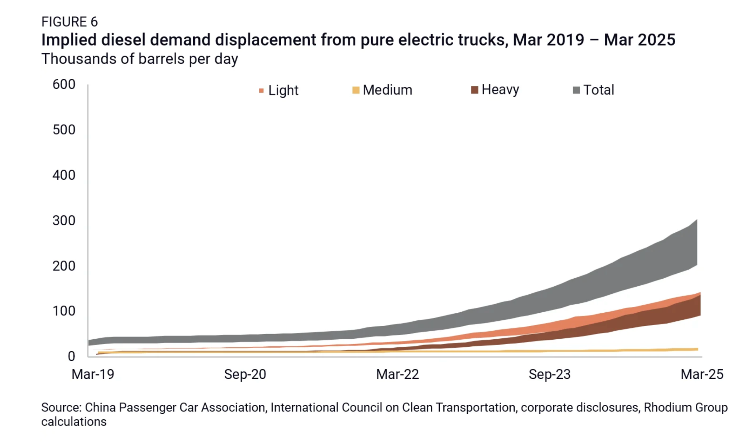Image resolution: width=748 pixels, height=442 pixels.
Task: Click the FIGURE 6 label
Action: coord(69,22)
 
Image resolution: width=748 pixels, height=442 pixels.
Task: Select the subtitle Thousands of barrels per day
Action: coord(140,59)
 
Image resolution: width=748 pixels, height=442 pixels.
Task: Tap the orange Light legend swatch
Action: coord(261,91)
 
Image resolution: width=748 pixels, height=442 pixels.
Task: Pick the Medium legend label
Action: coord(387,90)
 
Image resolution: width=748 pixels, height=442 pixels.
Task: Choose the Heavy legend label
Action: coord(500,90)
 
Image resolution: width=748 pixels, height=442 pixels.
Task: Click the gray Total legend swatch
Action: coord(576,90)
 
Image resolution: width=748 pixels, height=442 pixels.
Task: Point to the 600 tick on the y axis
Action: coord(64,84)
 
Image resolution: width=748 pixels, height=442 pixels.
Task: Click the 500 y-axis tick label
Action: coord(64,130)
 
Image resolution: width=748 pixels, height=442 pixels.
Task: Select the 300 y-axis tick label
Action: coord(64,221)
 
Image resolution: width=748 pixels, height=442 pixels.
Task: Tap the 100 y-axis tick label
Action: coord(64,311)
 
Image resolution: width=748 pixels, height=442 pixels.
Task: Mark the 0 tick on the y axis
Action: coord(71,356)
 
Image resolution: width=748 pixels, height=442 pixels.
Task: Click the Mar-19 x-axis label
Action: coord(93,374)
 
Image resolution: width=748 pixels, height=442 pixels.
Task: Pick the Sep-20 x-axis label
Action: coord(245,374)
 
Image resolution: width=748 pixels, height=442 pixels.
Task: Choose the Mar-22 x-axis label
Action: coord(397,374)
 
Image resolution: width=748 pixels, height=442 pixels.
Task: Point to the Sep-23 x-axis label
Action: coord(549,374)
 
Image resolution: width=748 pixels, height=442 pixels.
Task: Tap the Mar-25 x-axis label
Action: coord(702,374)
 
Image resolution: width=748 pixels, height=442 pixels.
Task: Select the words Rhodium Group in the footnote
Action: coord(686,407)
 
